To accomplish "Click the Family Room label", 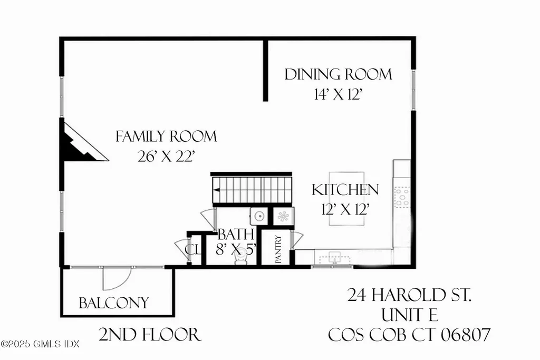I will [x=166, y=137].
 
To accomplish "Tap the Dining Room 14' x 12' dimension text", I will [x=339, y=95].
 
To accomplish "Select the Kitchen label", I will [x=345, y=190].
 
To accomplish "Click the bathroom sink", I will [x=258, y=215].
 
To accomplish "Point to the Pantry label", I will [x=278, y=249].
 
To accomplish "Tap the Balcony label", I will [x=113, y=303].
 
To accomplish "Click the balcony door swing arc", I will [x=112, y=279].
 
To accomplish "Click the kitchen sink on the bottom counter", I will [x=334, y=257].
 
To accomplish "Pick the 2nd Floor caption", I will [x=150, y=334].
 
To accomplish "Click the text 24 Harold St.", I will [x=409, y=296].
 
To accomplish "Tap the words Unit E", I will [x=409, y=315].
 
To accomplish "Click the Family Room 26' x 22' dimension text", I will [x=166, y=157].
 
